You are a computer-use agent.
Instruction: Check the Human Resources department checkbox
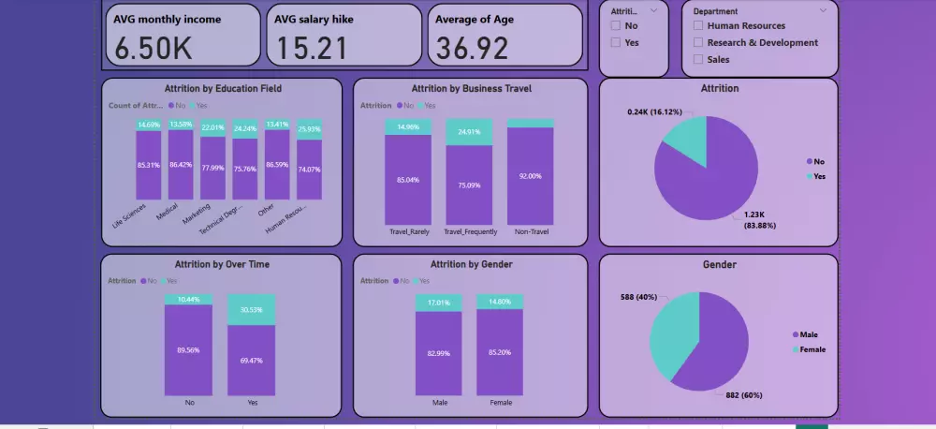(x=698, y=26)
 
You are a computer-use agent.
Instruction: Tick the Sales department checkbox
(x=698, y=59)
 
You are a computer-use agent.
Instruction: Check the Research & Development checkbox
(x=698, y=42)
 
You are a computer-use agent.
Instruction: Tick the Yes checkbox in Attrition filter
(x=615, y=42)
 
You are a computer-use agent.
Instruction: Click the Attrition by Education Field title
(x=223, y=89)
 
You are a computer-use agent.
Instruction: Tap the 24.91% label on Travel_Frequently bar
(x=469, y=131)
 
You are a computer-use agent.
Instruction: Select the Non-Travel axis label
(x=530, y=231)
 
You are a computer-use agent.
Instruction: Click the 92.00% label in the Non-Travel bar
(x=530, y=175)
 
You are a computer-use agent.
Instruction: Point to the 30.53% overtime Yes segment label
(x=252, y=309)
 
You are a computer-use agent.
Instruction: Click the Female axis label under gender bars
(x=500, y=403)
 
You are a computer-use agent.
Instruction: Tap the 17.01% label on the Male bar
(x=440, y=303)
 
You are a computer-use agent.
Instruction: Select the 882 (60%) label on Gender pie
(x=745, y=395)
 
